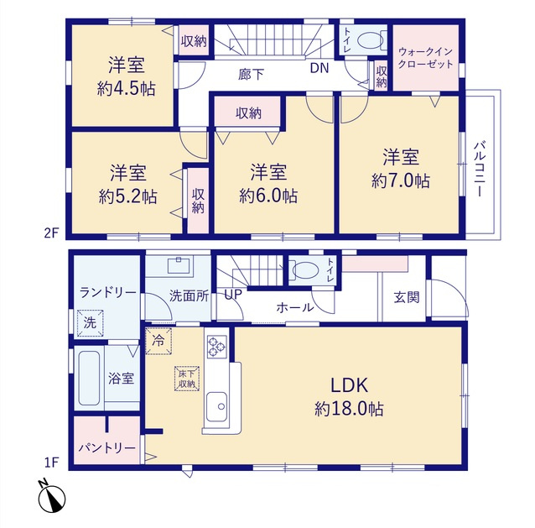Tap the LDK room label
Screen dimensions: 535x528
(x=349, y=385)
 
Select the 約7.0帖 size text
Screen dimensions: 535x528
(x=401, y=180)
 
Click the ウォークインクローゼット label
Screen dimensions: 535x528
(x=425, y=58)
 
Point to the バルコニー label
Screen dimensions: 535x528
(x=480, y=169)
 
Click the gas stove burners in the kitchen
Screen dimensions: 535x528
(x=216, y=347)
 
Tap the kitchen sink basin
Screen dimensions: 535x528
(x=216, y=407)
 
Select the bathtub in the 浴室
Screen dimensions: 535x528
(x=89, y=379)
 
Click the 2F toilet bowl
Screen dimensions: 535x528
(x=370, y=40)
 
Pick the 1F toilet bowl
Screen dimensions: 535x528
(x=305, y=269)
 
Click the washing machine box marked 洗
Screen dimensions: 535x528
(x=90, y=322)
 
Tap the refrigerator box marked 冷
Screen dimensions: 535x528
(x=158, y=341)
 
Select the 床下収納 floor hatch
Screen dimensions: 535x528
(x=187, y=379)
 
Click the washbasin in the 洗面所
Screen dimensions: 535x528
(x=179, y=265)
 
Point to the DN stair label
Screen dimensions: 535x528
(x=319, y=68)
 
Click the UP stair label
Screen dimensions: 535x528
(x=233, y=294)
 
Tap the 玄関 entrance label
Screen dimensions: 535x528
(x=407, y=297)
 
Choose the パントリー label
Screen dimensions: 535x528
(x=106, y=447)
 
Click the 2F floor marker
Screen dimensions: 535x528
(x=51, y=233)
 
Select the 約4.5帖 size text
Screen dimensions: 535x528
(x=127, y=90)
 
